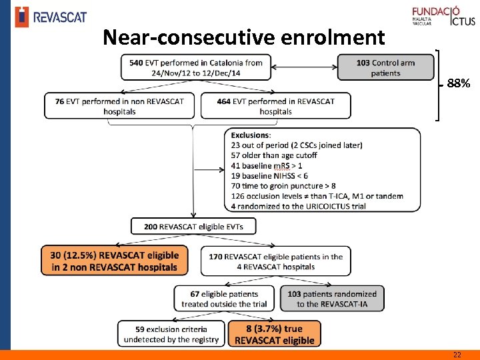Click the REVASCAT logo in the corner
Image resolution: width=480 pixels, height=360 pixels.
pos(51,16)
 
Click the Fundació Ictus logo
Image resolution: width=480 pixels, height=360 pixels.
pos(443,16)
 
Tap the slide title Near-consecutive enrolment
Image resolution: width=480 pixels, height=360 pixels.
pos(244,37)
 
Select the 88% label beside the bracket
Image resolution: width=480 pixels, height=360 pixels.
pos(459,84)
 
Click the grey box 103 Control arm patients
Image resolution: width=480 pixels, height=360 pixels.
pos(385,68)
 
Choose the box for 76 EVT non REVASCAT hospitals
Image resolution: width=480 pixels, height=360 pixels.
pos(120,106)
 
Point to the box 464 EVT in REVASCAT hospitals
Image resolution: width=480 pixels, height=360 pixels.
pos(276,106)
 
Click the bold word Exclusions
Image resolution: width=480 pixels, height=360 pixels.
pos(251,135)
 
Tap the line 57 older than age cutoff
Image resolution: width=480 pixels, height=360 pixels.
pos(274,155)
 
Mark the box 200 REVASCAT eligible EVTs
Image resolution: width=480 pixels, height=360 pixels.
pos(193,227)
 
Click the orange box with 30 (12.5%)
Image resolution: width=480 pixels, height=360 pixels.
pos(115,261)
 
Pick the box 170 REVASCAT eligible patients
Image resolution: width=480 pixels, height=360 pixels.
pos(276,261)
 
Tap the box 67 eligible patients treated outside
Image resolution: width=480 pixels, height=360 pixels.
pos(224,299)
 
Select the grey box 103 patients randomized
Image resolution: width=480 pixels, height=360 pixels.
pos(332,299)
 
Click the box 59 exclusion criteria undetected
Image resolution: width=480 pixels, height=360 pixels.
pos(171,334)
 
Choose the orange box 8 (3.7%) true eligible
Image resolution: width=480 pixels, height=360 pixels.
pos(275,334)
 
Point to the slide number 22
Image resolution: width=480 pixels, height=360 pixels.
pos(457,355)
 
